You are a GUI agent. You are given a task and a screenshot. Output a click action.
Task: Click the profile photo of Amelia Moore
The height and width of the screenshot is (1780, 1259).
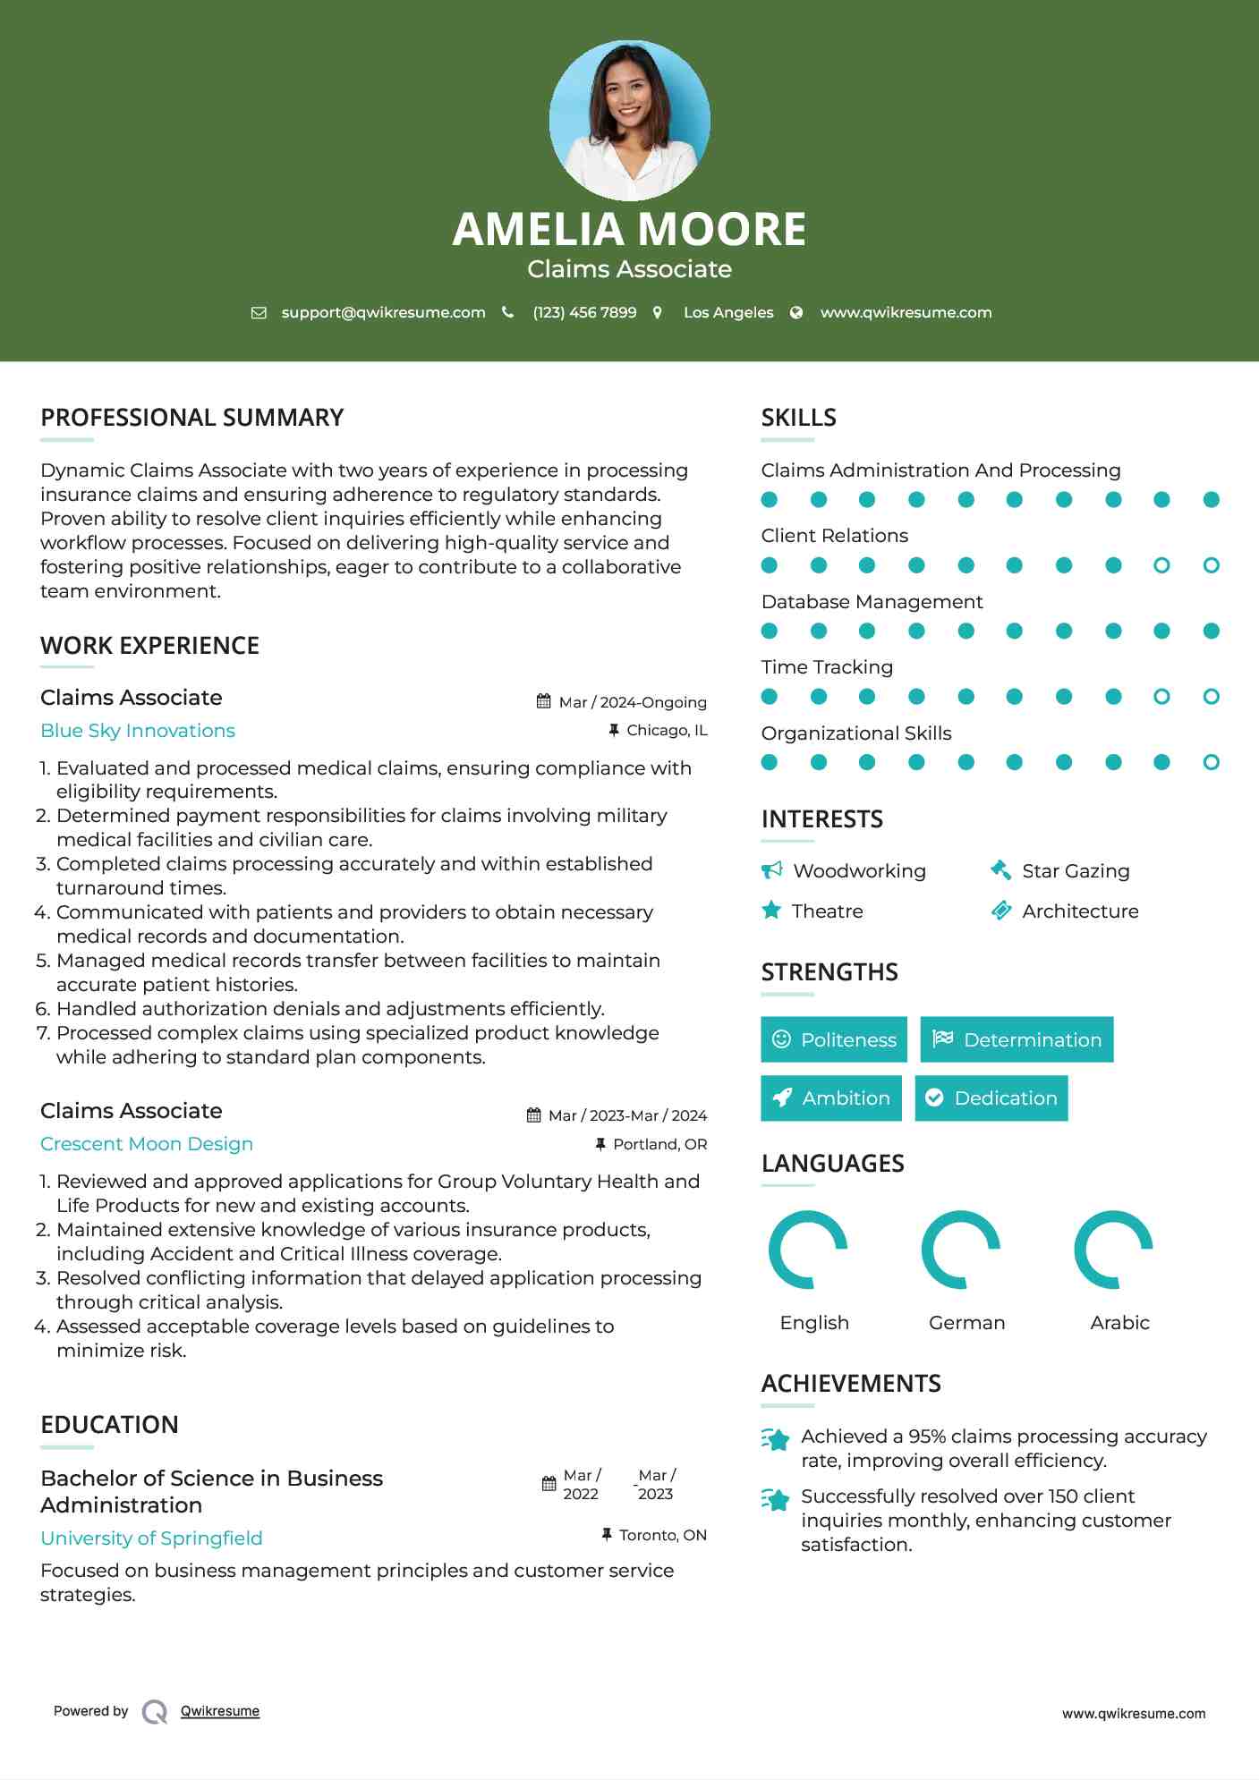click(x=629, y=120)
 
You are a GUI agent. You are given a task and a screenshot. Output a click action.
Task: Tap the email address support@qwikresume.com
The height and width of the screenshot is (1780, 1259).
click(x=383, y=312)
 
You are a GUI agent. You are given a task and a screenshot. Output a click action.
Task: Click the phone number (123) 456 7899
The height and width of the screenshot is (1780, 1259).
click(x=584, y=312)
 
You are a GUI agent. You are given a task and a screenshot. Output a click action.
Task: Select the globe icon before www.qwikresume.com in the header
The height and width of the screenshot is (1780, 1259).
click(x=796, y=312)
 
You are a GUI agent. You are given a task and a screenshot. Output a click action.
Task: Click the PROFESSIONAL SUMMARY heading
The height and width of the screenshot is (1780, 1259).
click(x=192, y=418)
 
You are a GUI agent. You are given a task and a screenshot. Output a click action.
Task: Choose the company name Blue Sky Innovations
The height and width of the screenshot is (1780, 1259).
click(x=138, y=731)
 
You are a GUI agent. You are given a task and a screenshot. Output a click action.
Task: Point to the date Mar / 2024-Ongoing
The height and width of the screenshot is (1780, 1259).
click(x=632, y=702)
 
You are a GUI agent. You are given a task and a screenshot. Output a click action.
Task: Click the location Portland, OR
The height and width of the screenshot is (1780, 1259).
click(x=659, y=1144)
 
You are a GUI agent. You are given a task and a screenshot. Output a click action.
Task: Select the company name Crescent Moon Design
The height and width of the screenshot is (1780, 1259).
click(x=147, y=1144)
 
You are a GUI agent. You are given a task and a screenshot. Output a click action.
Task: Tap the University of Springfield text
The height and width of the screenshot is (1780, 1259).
click(x=151, y=1538)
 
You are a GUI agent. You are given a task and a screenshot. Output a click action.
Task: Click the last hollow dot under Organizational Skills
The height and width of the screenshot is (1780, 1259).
click(x=1211, y=762)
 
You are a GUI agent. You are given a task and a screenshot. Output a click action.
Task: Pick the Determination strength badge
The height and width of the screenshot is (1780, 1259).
click(x=1017, y=1039)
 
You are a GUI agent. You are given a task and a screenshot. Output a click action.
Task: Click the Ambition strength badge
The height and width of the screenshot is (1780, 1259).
click(x=831, y=1098)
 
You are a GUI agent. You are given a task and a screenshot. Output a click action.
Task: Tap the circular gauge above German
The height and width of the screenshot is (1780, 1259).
click(x=961, y=1250)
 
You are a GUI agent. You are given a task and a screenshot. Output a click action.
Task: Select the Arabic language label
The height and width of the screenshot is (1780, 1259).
click(x=1119, y=1322)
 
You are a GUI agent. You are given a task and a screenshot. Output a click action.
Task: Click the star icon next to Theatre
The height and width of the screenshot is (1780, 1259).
click(x=771, y=911)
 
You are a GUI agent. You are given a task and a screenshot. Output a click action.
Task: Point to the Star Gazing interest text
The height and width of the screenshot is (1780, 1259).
click(x=1076, y=871)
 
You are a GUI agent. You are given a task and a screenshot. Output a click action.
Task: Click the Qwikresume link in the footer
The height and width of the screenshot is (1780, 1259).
click(x=220, y=1711)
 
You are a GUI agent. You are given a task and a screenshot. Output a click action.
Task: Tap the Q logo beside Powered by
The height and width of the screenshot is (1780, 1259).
click(x=155, y=1711)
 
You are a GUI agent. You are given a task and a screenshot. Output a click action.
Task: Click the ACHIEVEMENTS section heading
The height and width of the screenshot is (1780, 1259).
click(x=851, y=1384)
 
